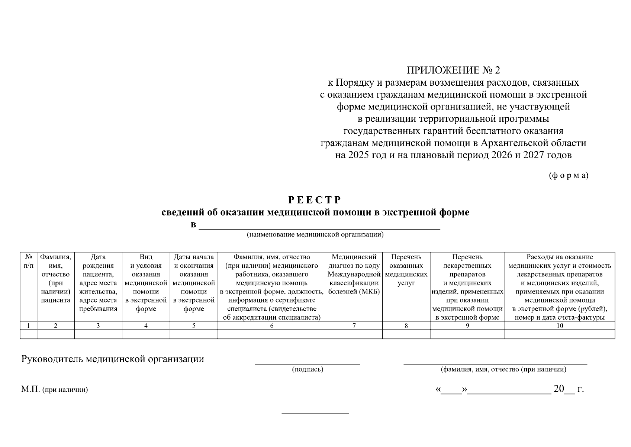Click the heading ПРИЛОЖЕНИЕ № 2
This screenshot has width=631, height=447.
click(453, 70)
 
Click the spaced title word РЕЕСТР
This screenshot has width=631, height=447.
click(315, 200)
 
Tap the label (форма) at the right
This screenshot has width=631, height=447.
click(569, 175)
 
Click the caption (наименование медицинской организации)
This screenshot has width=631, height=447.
click(315, 235)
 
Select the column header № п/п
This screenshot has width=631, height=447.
click(29, 261)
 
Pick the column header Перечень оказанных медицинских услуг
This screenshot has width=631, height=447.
click(406, 270)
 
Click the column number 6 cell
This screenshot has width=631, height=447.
click(271, 326)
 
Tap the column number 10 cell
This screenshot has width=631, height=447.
click(560, 326)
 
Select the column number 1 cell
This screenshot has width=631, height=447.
click(29, 326)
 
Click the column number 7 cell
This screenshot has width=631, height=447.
click(354, 326)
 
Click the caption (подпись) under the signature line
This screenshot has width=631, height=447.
click(308, 370)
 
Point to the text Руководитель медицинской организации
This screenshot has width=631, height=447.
click(113, 359)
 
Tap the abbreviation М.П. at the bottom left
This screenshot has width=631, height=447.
click(30, 390)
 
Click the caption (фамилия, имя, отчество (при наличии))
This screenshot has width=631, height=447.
click(503, 370)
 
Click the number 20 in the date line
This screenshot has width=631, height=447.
click(558, 389)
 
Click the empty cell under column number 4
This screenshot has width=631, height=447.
click(146, 334)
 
